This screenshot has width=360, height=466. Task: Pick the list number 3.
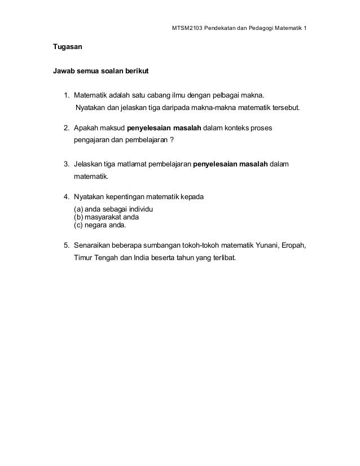point(66,164)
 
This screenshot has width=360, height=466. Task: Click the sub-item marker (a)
point(79,210)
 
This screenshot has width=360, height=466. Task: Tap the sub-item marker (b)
point(79,217)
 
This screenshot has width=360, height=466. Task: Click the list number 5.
point(66,246)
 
